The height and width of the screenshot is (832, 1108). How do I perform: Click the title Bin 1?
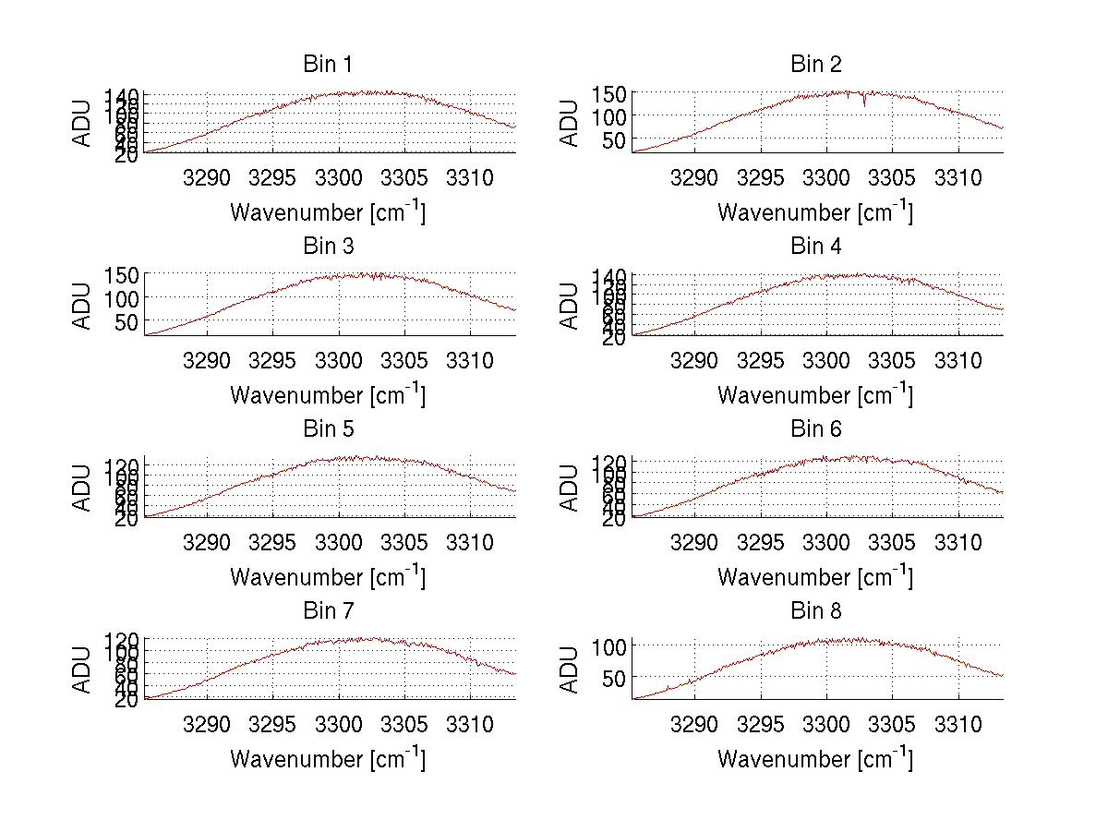pyautogui.click(x=327, y=64)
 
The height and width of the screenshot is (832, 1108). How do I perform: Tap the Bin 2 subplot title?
pyautogui.click(x=815, y=64)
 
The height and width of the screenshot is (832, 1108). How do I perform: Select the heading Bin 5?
pyautogui.click(x=327, y=428)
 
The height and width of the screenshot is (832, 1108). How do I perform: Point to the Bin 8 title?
pyautogui.click(x=815, y=610)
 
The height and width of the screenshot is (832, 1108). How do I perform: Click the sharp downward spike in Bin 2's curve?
pyautogui.click(x=864, y=104)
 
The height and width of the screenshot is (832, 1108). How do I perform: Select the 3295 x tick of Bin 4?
pyautogui.click(x=760, y=359)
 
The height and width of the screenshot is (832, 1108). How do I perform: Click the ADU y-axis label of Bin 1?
pyautogui.click(x=83, y=121)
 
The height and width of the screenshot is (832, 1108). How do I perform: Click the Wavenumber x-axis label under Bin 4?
pyautogui.click(x=815, y=394)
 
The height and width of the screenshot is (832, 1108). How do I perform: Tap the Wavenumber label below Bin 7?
pyautogui.click(x=327, y=759)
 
